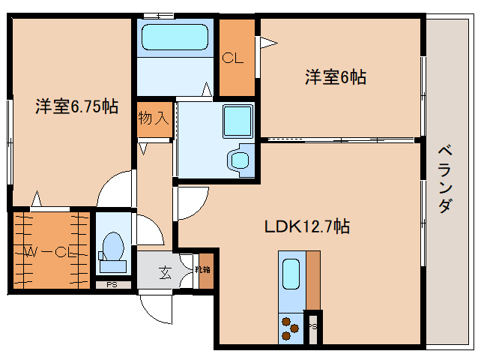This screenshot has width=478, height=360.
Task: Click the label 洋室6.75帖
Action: [x=76, y=106]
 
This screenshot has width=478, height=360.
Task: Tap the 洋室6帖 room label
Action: [x=335, y=76]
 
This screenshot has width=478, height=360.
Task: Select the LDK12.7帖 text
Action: [x=307, y=225]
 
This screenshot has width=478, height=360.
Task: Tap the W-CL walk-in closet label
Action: [x=48, y=252]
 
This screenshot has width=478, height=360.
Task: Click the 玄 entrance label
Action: [x=164, y=272]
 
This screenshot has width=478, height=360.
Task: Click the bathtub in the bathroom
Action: [x=175, y=37]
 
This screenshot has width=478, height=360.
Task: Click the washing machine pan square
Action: [x=238, y=120]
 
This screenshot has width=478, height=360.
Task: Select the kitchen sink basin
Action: [x=291, y=274]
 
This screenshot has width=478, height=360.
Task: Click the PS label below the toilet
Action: [x=111, y=284]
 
